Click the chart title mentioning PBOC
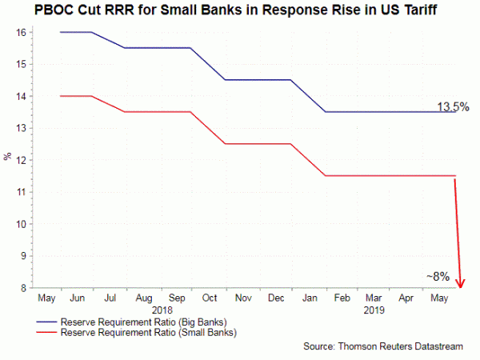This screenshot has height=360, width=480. click(x=240, y=11)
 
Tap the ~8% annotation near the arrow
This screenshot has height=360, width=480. click(x=438, y=277)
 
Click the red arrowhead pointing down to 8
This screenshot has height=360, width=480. click(x=461, y=282)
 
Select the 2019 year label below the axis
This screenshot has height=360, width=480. click(x=374, y=309)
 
